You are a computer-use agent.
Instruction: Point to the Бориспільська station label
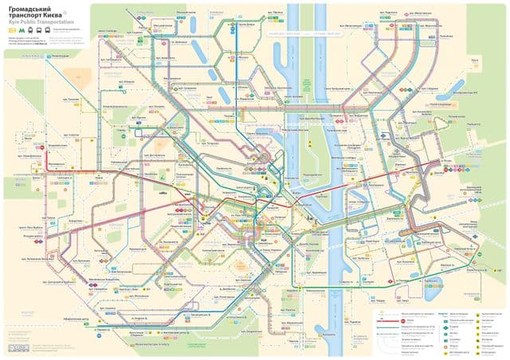pyautogui.click(x=462, y=276)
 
